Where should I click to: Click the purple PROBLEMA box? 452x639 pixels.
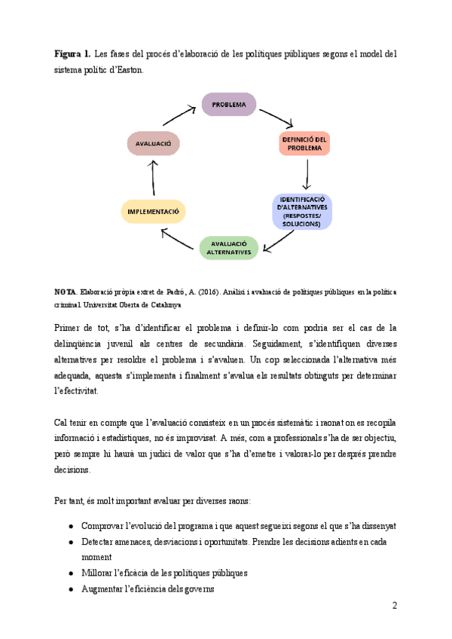(228, 104)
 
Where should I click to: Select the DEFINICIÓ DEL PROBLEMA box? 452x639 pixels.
(304, 143)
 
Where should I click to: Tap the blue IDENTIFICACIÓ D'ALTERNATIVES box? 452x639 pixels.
(302, 211)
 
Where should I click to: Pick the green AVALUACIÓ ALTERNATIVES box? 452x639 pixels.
(228, 248)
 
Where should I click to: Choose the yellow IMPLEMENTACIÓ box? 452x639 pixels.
(153, 212)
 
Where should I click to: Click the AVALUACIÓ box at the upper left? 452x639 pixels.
(154, 143)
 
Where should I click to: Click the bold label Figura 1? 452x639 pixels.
(72, 54)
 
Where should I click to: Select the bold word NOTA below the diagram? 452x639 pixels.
(65, 291)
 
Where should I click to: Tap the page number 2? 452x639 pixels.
(394, 606)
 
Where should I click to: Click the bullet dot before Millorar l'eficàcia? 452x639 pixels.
(70, 573)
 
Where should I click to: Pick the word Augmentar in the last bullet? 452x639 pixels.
(105, 589)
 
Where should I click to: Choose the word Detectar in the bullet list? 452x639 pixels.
(99, 542)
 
